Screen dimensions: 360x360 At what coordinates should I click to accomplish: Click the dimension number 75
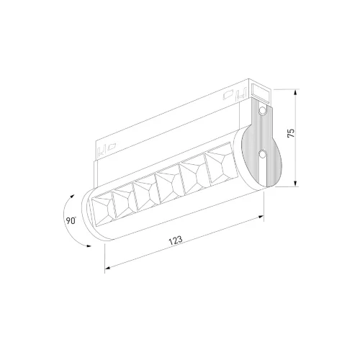coord(291,134)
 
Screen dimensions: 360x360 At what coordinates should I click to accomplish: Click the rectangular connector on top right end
coord(261,91)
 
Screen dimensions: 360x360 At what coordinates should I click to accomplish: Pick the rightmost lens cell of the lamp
coord(217,165)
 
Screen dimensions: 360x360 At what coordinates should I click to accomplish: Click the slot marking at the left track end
coord(101,150)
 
